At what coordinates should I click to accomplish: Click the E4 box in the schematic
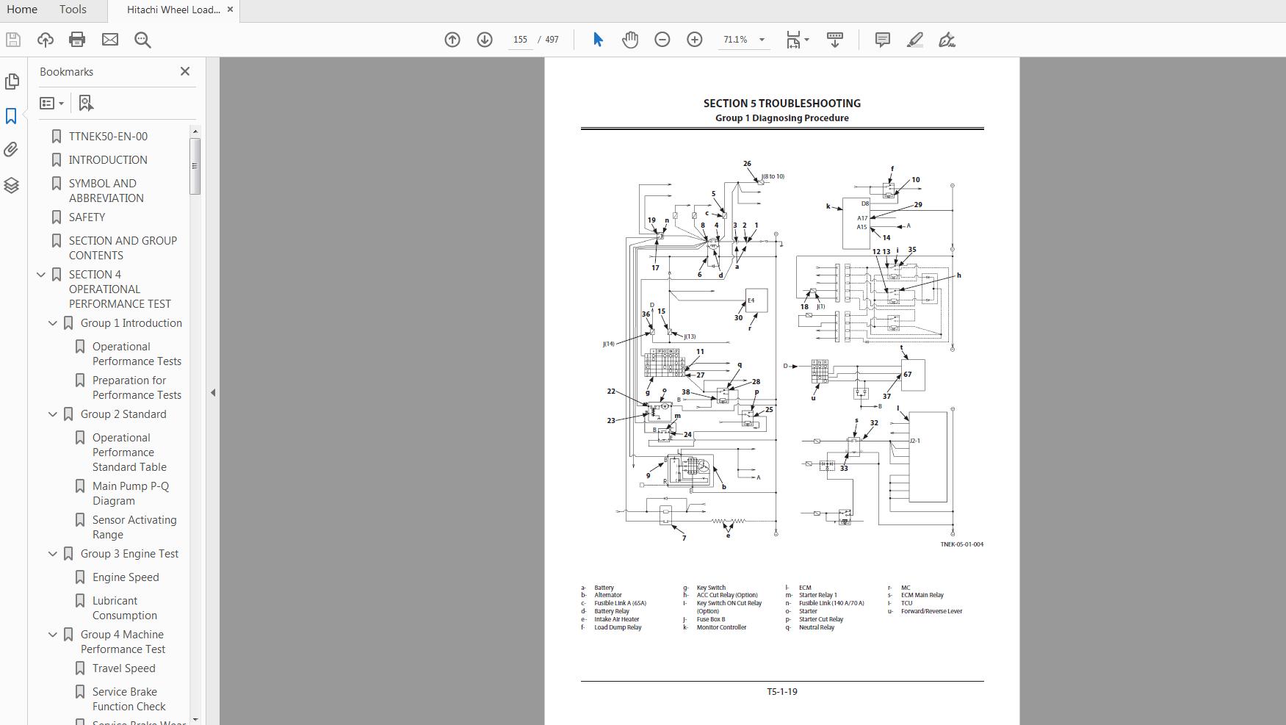click(x=756, y=300)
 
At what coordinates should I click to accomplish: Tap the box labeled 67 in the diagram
click(x=912, y=375)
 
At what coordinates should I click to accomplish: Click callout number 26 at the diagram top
click(x=747, y=164)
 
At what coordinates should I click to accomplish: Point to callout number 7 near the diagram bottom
click(x=684, y=538)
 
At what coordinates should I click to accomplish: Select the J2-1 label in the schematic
click(x=915, y=441)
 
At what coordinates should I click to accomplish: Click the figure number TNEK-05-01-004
click(x=961, y=544)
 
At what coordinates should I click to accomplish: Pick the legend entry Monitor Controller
click(x=721, y=627)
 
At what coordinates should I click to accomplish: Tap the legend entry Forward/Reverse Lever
click(x=931, y=611)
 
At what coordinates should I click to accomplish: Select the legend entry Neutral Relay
click(x=817, y=627)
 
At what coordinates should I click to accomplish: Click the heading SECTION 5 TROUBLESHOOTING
click(x=781, y=104)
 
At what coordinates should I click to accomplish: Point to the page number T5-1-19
click(x=781, y=691)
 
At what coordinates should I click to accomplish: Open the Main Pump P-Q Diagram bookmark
click(x=130, y=494)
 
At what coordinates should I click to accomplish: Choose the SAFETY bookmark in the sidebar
click(x=87, y=217)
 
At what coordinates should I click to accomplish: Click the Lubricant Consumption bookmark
click(x=124, y=608)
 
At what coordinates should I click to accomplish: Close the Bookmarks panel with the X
click(x=185, y=71)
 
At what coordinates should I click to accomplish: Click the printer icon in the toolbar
click(x=77, y=40)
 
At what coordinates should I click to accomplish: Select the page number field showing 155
click(x=520, y=40)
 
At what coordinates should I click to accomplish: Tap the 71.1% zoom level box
click(x=735, y=40)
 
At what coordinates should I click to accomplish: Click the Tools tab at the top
click(x=73, y=10)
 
